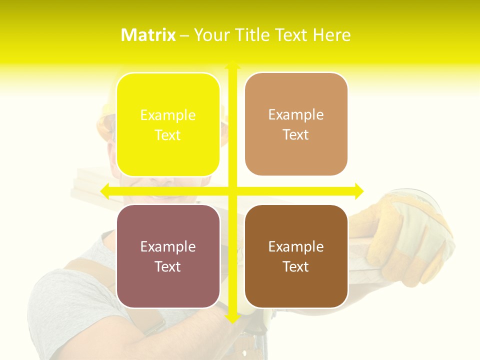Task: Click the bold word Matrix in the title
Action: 148,35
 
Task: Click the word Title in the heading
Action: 256,35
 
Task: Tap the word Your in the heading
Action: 212,35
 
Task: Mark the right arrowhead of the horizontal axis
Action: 358,190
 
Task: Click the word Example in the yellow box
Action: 168,115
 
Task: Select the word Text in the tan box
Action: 296,135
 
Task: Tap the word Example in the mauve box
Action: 168,246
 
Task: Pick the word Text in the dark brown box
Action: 296,266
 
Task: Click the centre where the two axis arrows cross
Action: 232,190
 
